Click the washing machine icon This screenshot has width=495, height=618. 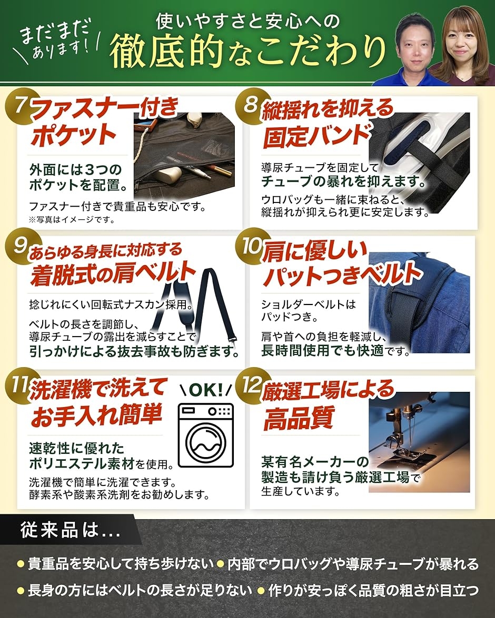[206, 435]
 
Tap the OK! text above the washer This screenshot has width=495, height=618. [206, 390]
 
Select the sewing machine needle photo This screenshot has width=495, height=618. [419, 442]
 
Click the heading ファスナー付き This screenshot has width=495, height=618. [105, 108]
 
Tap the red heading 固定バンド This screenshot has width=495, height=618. [316, 136]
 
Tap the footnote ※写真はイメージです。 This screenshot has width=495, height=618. [72, 219]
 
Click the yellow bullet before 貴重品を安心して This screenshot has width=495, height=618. [21, 564]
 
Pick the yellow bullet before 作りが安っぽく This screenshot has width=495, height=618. [261, 591]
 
